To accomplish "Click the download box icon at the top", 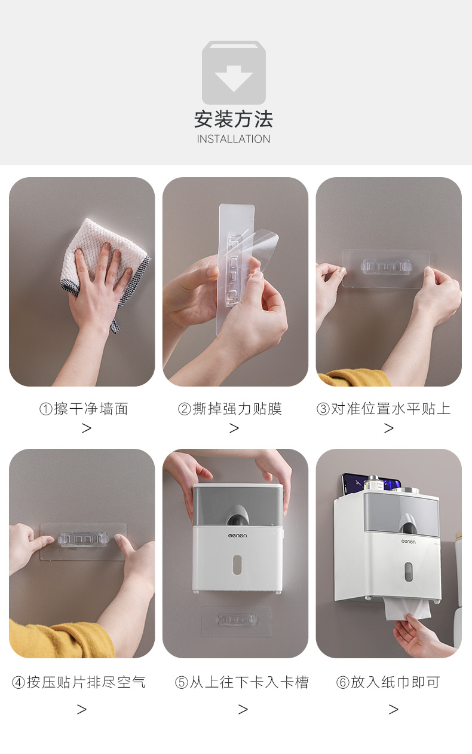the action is (234, 72).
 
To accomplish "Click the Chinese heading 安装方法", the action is (233, 119).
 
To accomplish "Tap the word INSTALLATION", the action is (233, 139).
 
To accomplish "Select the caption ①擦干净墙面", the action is (84, 409).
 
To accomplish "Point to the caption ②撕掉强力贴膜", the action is (230, 409).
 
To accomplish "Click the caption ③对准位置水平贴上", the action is (384, 409).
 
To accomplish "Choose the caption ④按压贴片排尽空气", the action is (79, 682).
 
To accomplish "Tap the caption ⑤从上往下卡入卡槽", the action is (242, 682).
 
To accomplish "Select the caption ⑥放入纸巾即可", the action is (388, 682).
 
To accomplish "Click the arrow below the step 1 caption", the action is (87, 428).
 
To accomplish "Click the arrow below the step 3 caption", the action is (388, 428).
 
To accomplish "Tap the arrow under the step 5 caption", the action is (243, 710).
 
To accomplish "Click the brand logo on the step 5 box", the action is (237, 535).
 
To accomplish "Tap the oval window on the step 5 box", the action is (237, 564).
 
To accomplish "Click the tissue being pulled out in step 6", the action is (408, 609).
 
